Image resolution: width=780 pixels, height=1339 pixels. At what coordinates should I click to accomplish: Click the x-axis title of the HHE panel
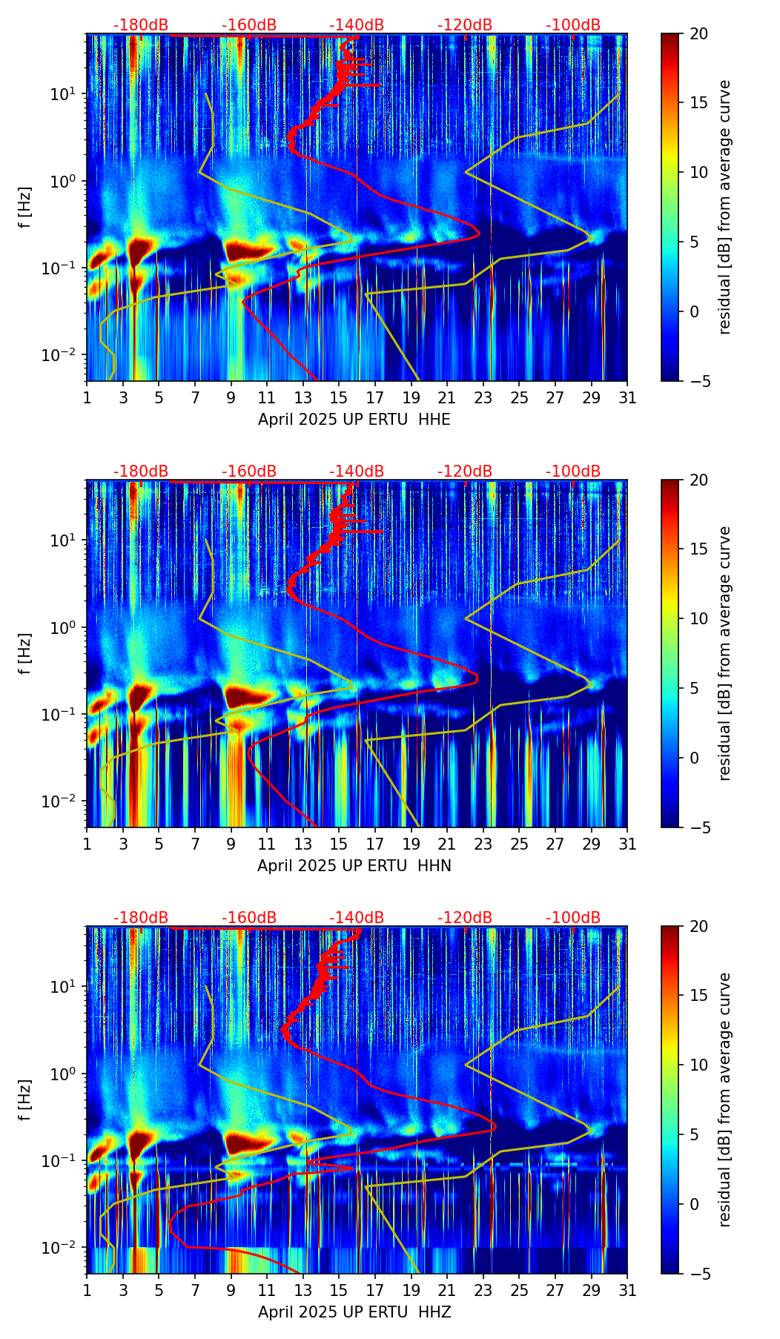click(x=354, y=420)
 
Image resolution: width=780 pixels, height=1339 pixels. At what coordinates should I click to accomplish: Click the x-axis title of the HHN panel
click(x=354, y=866)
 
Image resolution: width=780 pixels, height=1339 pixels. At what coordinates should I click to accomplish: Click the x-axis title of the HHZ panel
click(x=354, y=1312)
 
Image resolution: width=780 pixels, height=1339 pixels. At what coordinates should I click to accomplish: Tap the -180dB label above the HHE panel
click(x=141, y=25)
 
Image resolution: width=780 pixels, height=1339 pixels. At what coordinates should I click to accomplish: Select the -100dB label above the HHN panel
click(x=573, y=472)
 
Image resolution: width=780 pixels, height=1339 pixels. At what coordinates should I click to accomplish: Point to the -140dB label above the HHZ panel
click(x=357, y=918)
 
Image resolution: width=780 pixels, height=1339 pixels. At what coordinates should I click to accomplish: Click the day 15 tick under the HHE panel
click(x=339, y=398)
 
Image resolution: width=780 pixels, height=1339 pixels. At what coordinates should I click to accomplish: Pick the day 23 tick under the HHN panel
click(x=483, y=844)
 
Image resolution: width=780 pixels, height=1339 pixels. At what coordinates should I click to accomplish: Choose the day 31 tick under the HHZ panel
click(x=627, y=1291)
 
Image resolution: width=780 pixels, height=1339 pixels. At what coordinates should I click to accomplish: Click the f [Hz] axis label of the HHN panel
click(x=25, y=653)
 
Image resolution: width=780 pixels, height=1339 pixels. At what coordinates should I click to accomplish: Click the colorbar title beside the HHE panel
click(x=725, y=207)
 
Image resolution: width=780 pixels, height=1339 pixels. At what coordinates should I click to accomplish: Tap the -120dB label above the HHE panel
click(x=465, y=25)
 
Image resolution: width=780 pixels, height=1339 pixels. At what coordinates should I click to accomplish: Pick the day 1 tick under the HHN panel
click(x=87, y=844)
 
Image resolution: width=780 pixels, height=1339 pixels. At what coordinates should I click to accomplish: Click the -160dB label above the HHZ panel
click(x=249, y=918)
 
